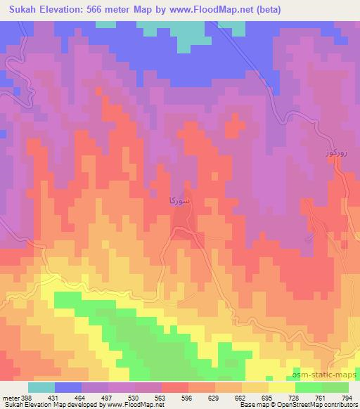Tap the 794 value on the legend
347,398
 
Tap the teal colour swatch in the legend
41,387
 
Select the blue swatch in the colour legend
68,387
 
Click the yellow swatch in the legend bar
281,387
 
